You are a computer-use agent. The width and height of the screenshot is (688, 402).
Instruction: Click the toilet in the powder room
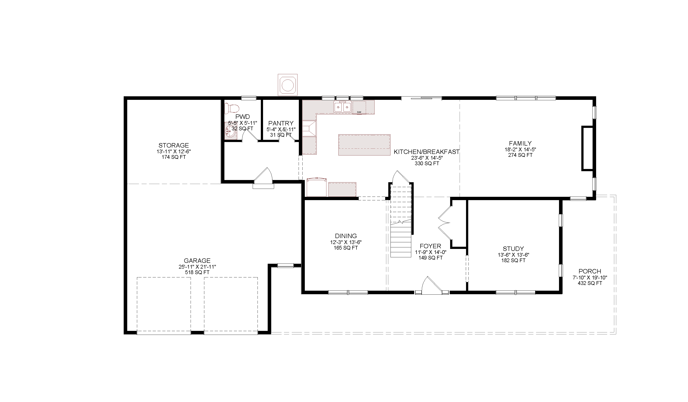point(231,108)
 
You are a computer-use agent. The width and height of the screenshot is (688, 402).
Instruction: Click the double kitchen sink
point(342,107)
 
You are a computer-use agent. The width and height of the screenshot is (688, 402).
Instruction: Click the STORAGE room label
point(174,145)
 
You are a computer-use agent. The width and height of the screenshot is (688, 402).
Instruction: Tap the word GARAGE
point(197,261)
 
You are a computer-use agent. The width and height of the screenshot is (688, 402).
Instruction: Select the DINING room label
point(346,236)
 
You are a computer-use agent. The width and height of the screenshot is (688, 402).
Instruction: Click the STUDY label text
point(513,249)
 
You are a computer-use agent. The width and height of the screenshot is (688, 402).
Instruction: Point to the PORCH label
point(590,271)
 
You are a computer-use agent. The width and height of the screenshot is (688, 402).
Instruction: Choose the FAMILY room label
point(520,143)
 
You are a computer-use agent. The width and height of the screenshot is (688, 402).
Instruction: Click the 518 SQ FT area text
point(197,273)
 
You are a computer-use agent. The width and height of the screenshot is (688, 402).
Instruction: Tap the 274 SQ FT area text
point(520,155)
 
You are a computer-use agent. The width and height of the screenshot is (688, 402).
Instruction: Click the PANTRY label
point(281,123)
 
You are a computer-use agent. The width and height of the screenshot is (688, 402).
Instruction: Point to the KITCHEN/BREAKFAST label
point(427,152)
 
